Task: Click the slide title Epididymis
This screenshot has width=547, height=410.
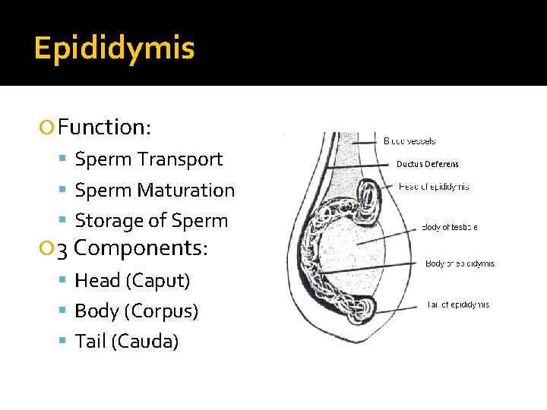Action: point(115,49)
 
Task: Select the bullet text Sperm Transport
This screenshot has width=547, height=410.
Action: point(149,159)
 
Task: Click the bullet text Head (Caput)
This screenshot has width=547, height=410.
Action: point(132,281)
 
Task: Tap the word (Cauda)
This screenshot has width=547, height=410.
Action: point(145,342)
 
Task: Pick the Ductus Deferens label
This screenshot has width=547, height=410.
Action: point(428,164)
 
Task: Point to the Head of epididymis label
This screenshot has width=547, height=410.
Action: point(434,187)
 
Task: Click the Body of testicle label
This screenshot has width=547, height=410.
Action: point(450,227)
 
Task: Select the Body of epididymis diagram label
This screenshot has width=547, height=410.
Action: point(460,263)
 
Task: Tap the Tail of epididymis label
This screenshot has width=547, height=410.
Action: point(457,304)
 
